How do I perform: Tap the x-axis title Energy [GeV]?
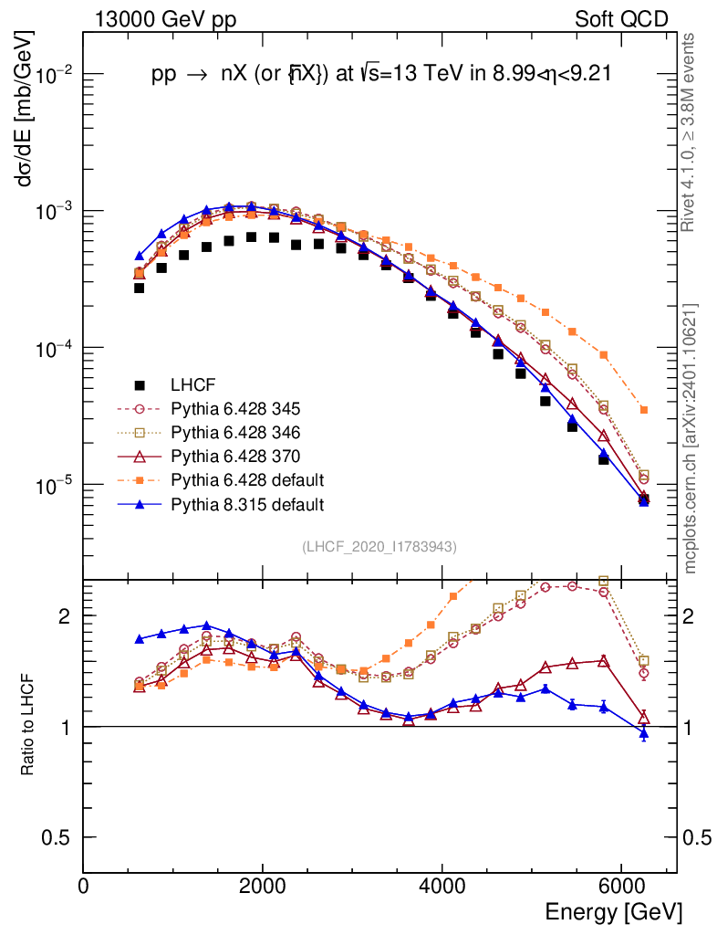pos(613,912)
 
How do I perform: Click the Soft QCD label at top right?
pos(621,19)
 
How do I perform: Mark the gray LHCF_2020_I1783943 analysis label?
pos(379,547)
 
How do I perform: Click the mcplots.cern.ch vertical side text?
pos(691,438)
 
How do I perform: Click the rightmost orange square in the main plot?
pos(644,410)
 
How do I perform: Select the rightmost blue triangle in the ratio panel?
pos(644,732)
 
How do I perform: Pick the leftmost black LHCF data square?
pos(140,288)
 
